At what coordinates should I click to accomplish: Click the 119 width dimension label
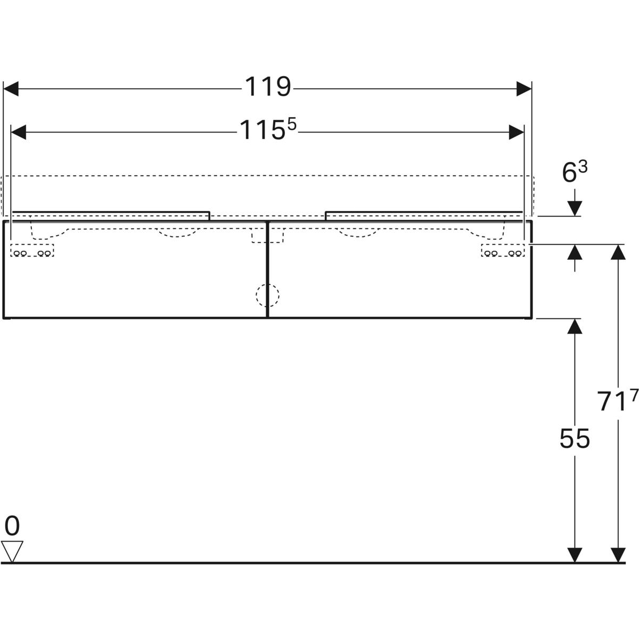268,87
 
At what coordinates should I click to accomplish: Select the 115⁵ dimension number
267,129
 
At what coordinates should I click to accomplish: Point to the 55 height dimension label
575,439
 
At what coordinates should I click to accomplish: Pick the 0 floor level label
12,526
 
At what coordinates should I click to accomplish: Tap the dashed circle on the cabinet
267,296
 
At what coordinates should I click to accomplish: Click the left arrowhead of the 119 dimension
11,89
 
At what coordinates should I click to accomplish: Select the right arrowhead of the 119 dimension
524,89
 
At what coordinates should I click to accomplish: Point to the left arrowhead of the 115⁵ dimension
19,132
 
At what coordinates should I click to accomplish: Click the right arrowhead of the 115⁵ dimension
517,132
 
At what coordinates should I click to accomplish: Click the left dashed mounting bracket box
32,250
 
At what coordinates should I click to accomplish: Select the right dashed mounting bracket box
503,250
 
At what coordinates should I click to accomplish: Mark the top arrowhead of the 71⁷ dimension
618,252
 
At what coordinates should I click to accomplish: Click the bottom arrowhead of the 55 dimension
575,555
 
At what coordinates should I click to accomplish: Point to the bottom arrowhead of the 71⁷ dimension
618,555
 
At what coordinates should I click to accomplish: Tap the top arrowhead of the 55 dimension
575,326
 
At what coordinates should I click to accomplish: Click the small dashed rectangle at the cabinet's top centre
267,235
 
